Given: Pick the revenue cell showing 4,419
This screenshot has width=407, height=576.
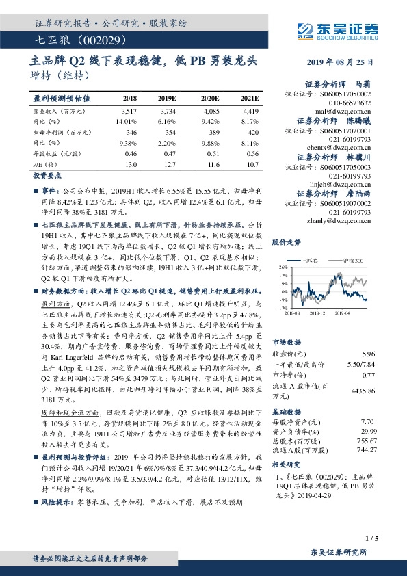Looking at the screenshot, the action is pos(250,110).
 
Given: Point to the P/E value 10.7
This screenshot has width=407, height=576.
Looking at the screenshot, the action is pos(252,164).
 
